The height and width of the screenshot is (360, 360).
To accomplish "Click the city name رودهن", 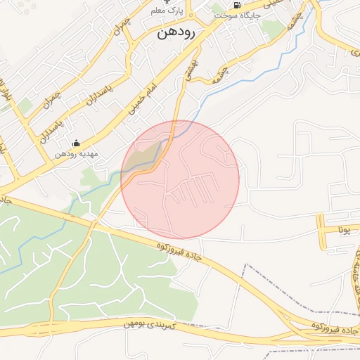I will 176,32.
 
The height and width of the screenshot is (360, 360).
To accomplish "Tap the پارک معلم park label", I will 166,12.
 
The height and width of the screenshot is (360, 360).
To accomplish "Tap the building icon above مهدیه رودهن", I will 76,143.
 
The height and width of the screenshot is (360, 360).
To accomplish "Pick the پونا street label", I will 344,230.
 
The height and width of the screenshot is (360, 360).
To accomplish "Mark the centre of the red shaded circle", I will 180,180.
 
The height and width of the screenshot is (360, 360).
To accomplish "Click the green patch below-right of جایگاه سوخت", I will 273,28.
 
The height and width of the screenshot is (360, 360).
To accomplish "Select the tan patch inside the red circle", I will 143,156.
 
